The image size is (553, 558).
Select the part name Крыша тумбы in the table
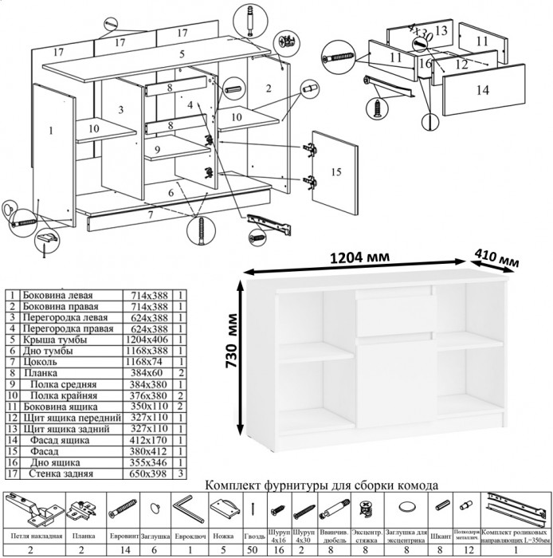(56, 340)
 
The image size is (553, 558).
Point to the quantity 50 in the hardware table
(253, 550)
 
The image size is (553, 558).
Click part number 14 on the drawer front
(482, 91)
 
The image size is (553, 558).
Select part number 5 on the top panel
(182, 54)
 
